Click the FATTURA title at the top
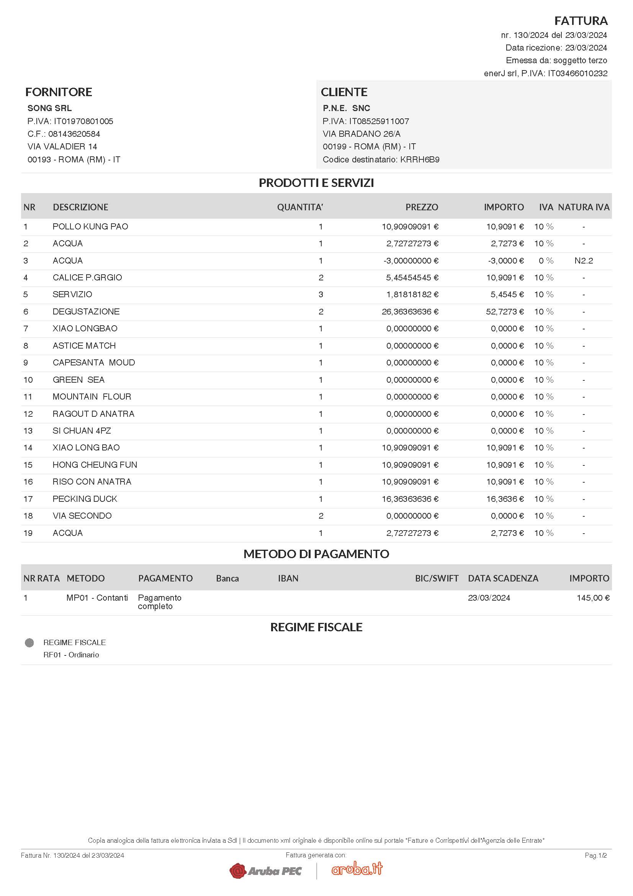(581, 21)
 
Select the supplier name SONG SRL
(49, 108)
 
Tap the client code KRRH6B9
(420, 160)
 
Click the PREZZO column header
(422, 207)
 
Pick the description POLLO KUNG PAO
(90, 227)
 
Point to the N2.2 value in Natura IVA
(583, 261)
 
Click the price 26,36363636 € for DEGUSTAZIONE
(410, 312)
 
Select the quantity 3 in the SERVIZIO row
(321, 295)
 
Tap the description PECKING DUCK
(85, 499)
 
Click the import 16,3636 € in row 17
(505, 499)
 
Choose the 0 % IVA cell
(546, 261)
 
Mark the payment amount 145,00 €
(593, 598)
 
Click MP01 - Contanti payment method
(97, 598)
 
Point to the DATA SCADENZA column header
(503, 579)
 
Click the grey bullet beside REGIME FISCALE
(29, 643)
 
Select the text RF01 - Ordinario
(71, 655)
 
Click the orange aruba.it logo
(357, 869)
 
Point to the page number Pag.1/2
(595, 855)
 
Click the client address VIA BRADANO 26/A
(361, 134)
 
